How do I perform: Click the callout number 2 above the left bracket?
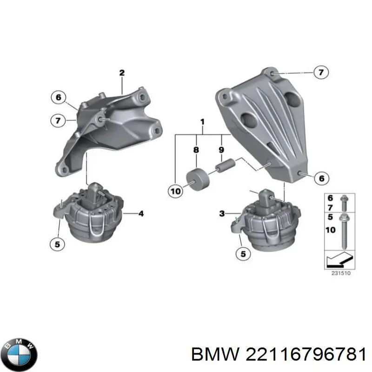pos(122,73)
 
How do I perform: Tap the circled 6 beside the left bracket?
pos(58,98)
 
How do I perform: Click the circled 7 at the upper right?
pos(320,72)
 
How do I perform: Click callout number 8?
pos(196,150)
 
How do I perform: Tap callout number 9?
pos(221,150)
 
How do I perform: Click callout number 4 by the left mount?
pos(141,214)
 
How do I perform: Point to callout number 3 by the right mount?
pos(222,213)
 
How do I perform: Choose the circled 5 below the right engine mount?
pos(243,254)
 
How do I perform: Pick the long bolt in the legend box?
pos(344,231)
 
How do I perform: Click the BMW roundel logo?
pos(19,346)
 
